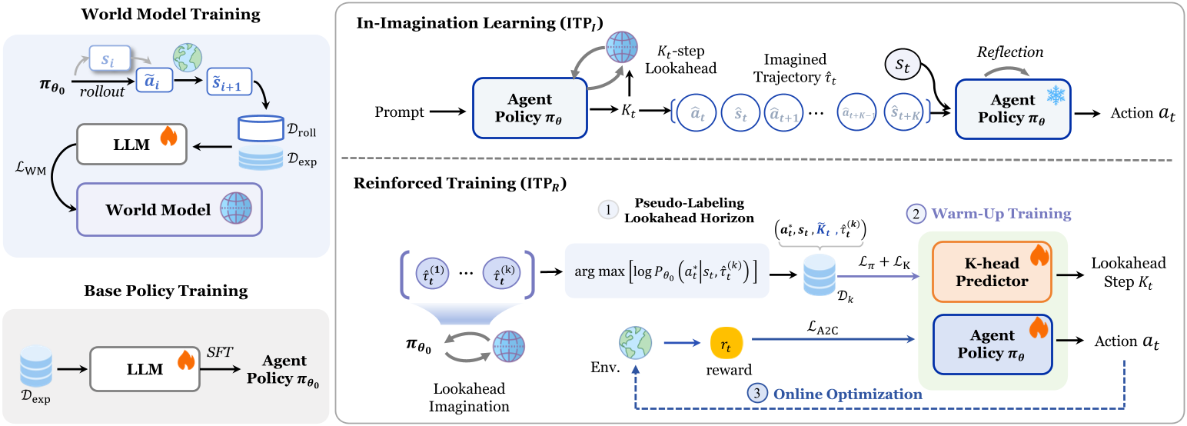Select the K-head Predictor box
tap(992, 272)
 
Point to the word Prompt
tap(399, 113)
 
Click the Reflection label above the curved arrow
tap(1009, 53)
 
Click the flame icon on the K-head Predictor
tap(1039, 255)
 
